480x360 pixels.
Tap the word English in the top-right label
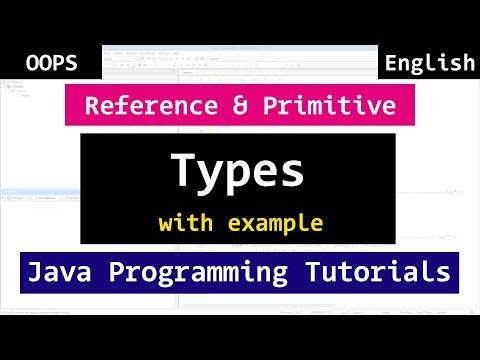coord(429,63)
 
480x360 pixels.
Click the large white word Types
coord(237,172)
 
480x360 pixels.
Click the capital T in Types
coord(183,170)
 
